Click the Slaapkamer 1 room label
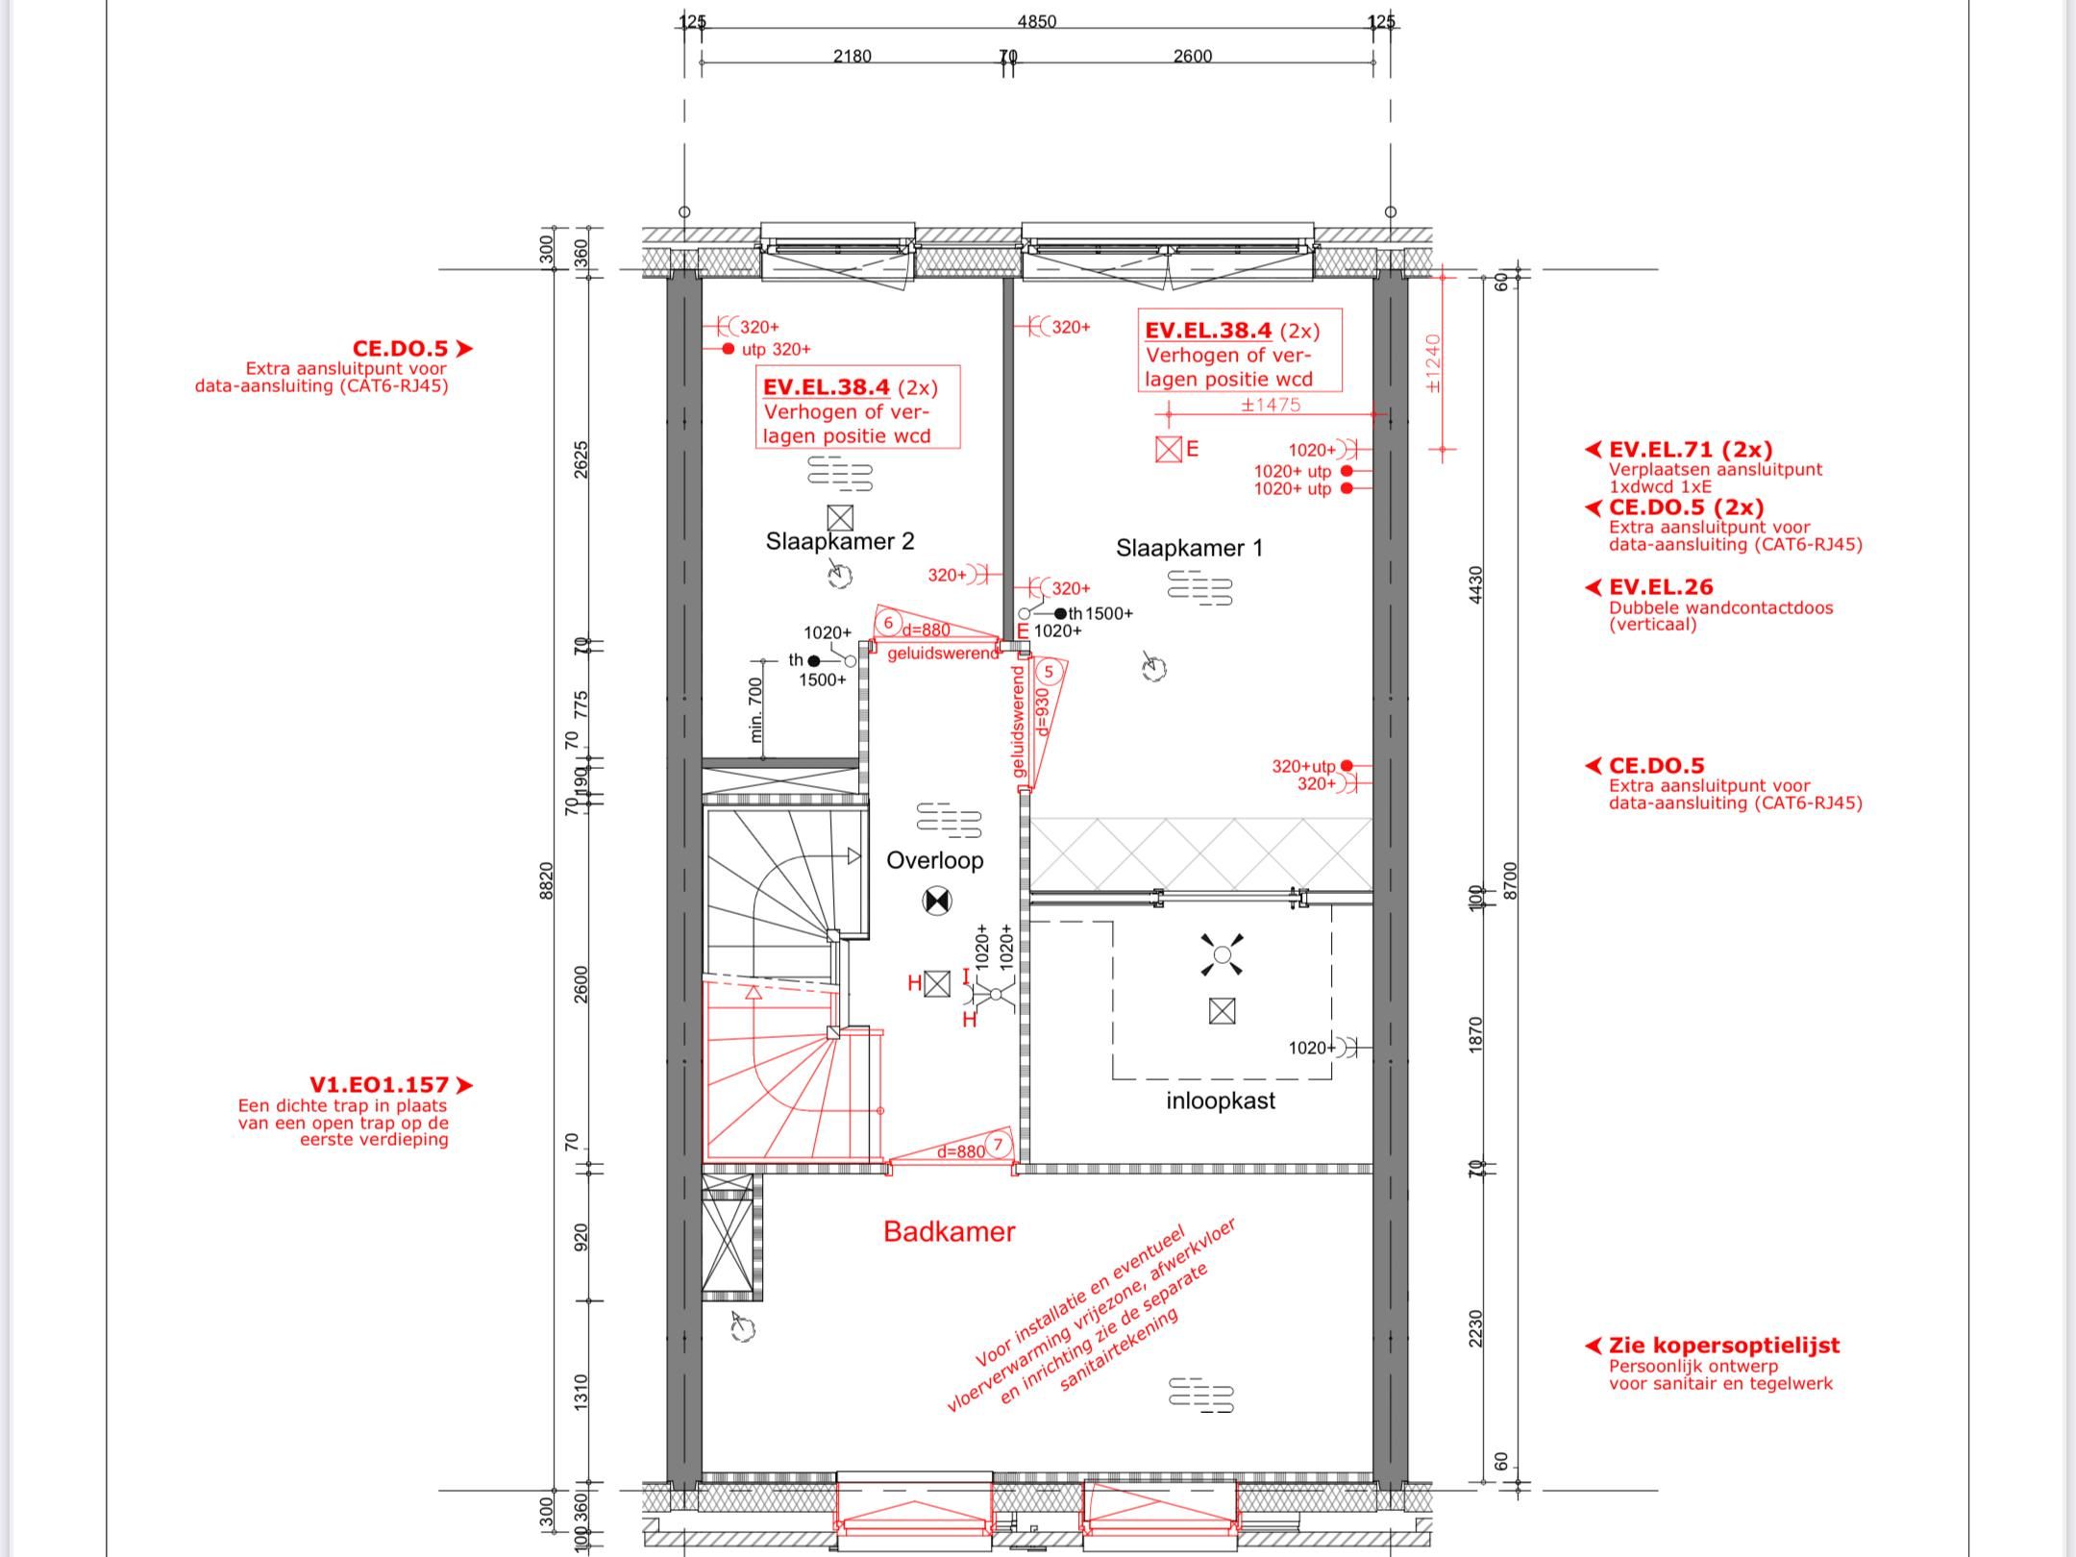(x=1189, y=548)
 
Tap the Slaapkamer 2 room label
(x=839, y=541)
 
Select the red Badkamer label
(x=949, y=1231)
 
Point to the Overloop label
(x=934, y=860)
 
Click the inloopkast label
(x=1221, y=1100)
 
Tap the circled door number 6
(x=888, y=623)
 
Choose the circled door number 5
(x=1049, y=672)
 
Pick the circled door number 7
(x=999, y=1145)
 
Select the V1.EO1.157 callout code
(x=379, y=1084)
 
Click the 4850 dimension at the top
(x=1036, y=21)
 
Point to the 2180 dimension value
(x=852, y=56)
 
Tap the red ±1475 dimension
(x=1271, y=405)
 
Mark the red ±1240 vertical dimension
(x=1433, y=363)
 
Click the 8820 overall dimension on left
(x=546, y=880)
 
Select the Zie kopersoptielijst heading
(x=1724, y=1345)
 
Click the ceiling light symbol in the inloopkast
(x=1222, y=954)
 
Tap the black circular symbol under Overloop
(x=936, y=901)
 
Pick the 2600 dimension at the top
(x=1192, y=56)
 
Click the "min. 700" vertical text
(x=755, y=710)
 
